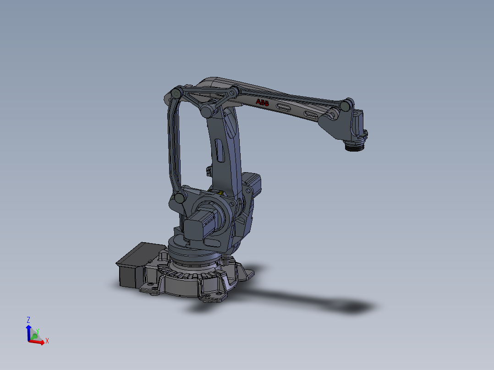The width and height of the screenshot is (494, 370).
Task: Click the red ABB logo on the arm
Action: (263, 103)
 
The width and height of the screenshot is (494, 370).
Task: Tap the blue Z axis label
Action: (28, 320)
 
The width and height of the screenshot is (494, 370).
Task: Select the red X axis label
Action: (47, 341)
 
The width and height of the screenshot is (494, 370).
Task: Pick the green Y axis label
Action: (38, 331)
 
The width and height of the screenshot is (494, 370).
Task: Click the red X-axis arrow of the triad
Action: (38, 342)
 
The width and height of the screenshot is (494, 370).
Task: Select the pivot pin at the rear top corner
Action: (176, 93)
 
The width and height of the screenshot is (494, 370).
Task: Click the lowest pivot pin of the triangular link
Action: (206, 111)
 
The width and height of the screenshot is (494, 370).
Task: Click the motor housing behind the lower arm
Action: (252, 183)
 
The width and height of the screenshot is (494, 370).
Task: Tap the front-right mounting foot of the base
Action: (214, 293)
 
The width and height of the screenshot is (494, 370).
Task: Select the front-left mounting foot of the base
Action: (151, 286)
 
